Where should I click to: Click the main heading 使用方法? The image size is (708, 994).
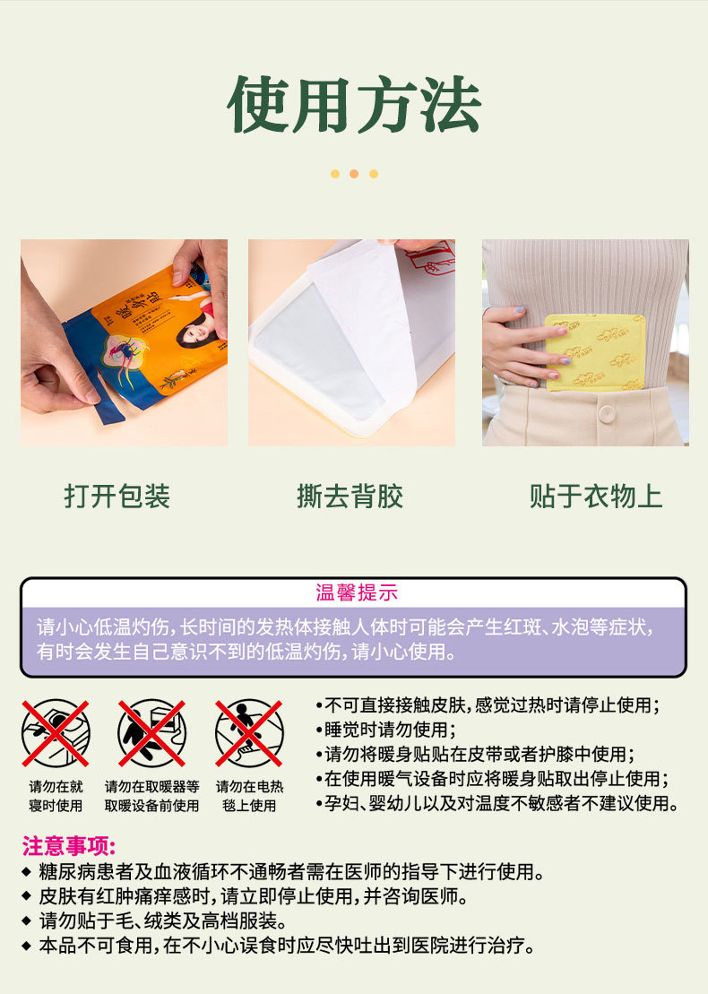tap(354, 105)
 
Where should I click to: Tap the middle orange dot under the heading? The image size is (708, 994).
tap(354, 174)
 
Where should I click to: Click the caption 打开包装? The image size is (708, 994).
tap(117, 496)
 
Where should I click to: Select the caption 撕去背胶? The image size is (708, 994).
tap(350, 496)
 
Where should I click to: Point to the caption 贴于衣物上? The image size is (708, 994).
tap(595, 496)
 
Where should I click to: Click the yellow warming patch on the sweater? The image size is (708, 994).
tap(594, 350)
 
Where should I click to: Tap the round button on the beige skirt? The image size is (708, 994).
tap(607, 413)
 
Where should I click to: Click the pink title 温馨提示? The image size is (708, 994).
tap(356, 592)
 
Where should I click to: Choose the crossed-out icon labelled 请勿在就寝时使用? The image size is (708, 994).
tap(56, 733)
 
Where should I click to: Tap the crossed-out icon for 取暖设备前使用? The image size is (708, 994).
tap(151, 733)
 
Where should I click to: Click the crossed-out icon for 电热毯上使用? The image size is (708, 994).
tap(249, 733)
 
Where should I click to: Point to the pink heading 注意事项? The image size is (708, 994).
tap(69, 846)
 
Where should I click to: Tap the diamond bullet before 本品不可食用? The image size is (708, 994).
tap(26, 946)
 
